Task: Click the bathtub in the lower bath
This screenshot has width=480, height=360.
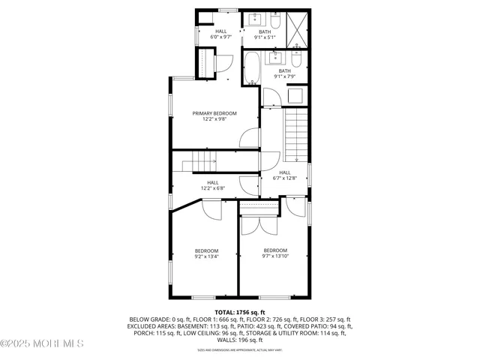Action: click(253, 68)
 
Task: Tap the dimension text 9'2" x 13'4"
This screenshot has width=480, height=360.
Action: click(206, 256)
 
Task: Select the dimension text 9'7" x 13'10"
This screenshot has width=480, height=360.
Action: click(275, 256)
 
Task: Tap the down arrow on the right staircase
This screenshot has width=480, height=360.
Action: click(297, 157)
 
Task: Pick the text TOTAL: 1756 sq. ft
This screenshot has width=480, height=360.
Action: click(240, 311)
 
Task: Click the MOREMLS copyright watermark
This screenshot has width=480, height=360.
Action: click(42, 344)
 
